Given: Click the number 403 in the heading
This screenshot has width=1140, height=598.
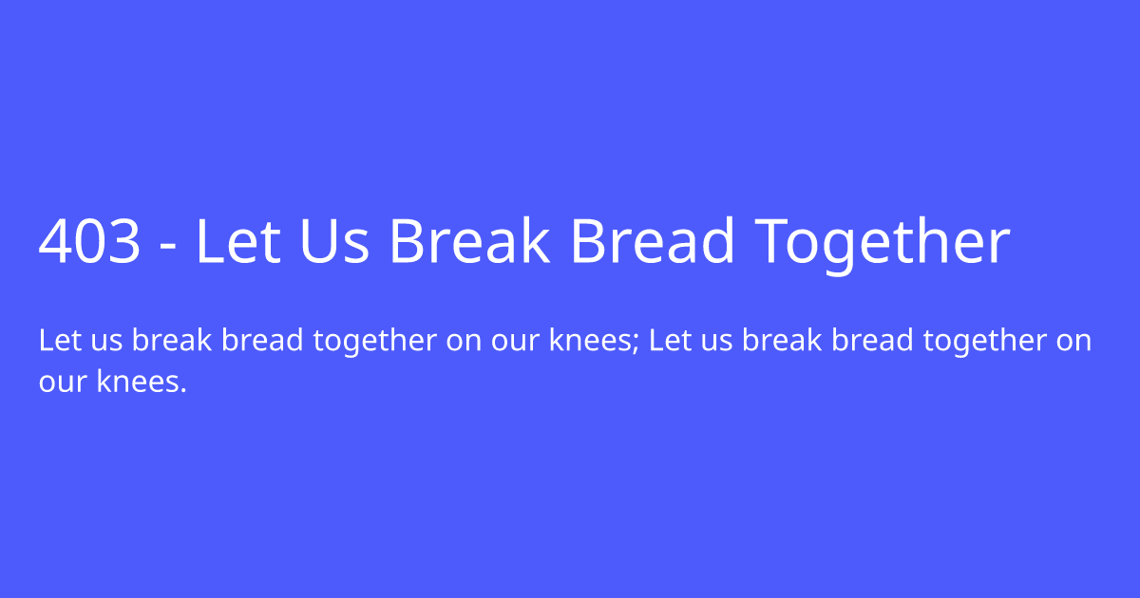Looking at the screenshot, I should [x=90, y=242].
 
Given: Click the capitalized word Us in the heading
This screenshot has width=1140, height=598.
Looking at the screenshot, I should [x=333, y=242].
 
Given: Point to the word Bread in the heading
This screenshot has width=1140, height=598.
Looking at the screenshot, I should [x=652, y=242].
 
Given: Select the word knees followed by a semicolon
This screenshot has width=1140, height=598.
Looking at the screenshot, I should [x=590, y=340].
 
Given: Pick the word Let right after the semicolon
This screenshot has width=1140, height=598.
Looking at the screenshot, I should [x=668, y=340].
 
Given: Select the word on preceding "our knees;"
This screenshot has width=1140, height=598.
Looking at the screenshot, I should [x=464, y=342].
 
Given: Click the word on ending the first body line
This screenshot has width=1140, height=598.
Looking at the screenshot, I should [x=1073, y=342].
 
